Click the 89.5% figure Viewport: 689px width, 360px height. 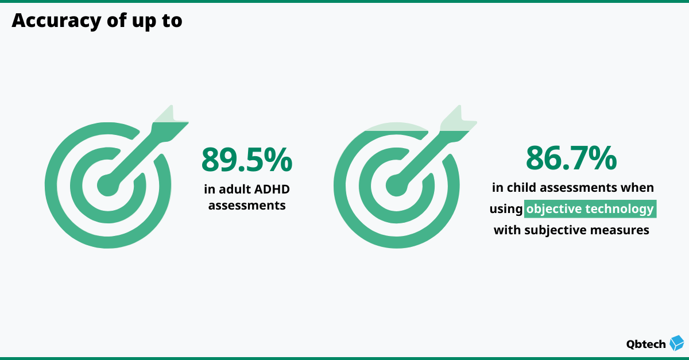coord(246,160)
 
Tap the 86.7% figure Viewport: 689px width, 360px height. coord(571,158)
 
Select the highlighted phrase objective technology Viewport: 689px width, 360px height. coord(590,209)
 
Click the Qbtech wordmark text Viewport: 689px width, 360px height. coord(646,344)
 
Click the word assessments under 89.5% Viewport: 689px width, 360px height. coord(247,205)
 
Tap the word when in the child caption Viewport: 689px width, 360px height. coord(638,188)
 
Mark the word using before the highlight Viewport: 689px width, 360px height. coord(505,210)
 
